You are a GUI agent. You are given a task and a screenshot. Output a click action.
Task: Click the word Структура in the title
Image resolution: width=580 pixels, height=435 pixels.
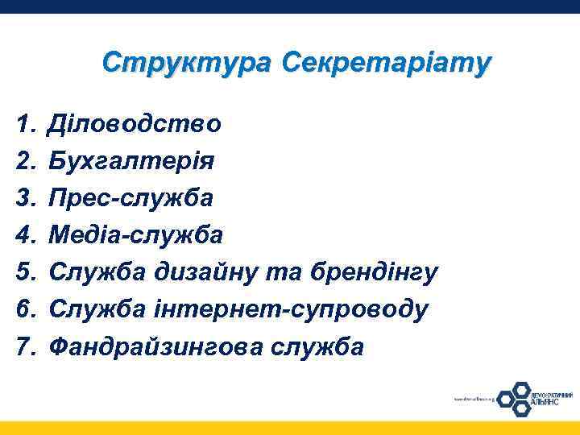pyautogui.click(x=188, y=63)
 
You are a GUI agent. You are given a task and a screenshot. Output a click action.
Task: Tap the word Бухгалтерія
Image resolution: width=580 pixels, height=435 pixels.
pyautogui.click(x=131, y=161)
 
